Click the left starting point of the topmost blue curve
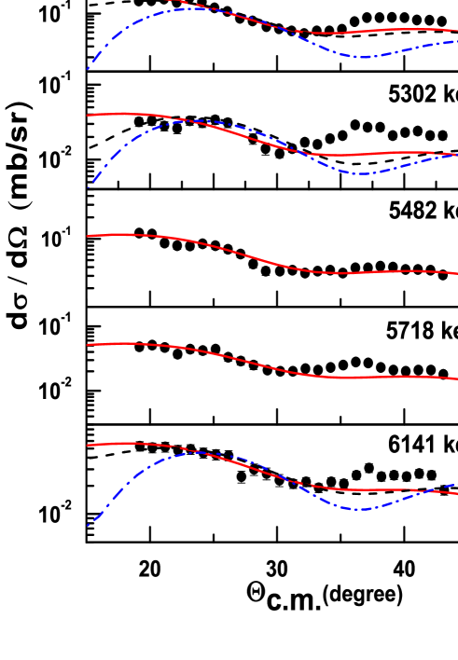89,68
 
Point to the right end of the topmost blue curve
456,41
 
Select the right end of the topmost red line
456,30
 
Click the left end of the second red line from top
88,115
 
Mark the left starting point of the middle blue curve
89,186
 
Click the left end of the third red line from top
88,236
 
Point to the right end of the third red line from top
456,273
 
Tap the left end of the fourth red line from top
88,345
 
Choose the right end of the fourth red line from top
456,378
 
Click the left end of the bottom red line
88,445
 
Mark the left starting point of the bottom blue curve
89,525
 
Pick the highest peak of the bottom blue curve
199,452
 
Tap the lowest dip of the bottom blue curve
359,509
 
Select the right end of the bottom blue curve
456,484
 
